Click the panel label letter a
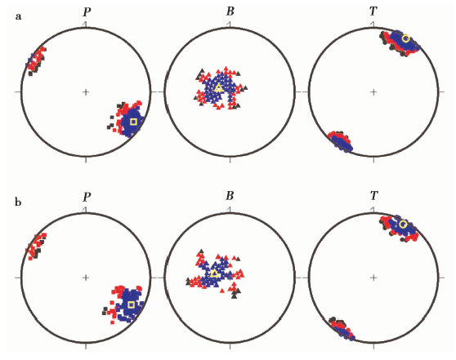[x=18, y=16]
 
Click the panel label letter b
[x=18, y=202]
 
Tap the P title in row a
[x=87, y=12]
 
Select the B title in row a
[x=230, y=11]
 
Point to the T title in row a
[x=373, y=11]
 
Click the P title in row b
[x=87, y=197]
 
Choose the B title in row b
[x=230, y=196]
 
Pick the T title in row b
[x=373, y=196]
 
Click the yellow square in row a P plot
[x=133, y=122]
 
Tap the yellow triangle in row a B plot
[x=219, y=87]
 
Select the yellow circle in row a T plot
[x=405, y=38]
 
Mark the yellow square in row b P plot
[x=131, y=304]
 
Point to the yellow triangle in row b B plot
[x=215, y=273]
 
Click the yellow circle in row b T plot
[x=403, y=224]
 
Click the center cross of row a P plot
[x=86, y=92]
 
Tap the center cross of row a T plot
[x=373, y=92]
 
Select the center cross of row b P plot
[x=86, y=278]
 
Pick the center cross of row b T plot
[x=373, y=278]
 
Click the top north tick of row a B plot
[x=230, y=24]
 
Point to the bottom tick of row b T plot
[x=373, y=346]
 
